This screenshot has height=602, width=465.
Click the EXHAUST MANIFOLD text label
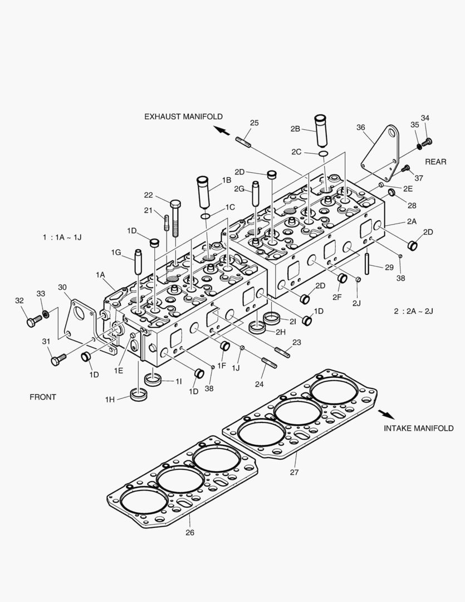pos(183,116)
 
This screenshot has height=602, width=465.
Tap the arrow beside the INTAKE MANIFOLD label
pos(385,415)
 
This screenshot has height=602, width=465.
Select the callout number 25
pos(254,123)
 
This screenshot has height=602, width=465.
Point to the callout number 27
pos(294,472)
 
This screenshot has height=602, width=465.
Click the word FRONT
pos(43,397)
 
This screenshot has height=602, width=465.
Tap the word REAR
pos(435,162)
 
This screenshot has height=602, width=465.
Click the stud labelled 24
pos(269,364)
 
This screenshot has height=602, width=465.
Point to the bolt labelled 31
pos(58,360)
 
